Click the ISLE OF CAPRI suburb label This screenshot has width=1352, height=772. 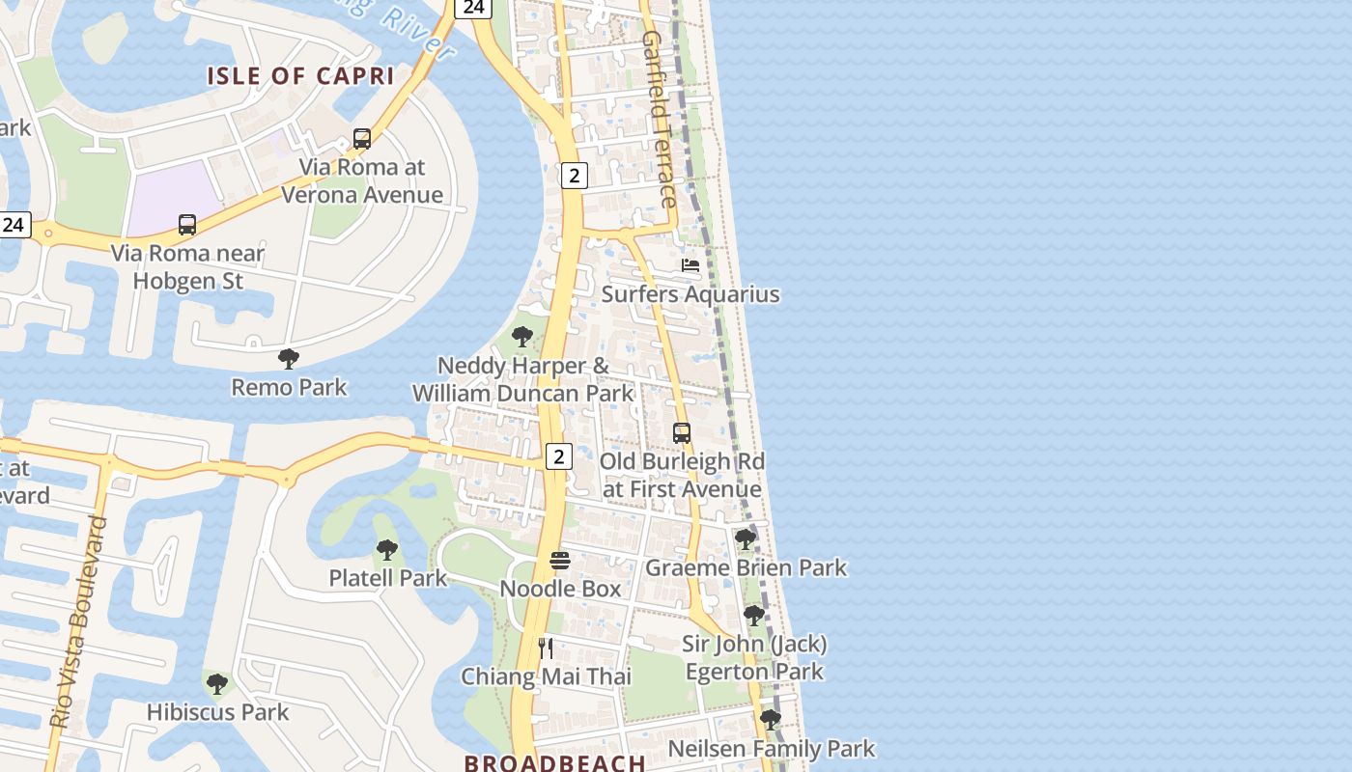click(x=300, y=76)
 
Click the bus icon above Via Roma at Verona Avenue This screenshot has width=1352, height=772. click(x=362, y=139)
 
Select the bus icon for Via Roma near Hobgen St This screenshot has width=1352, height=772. click(x=187, y=225)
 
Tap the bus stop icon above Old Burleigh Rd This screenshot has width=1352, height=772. click(x=682, y=433)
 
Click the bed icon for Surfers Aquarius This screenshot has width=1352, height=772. click(x=690, y=265)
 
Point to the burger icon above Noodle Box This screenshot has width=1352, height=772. click(x=560, y=561)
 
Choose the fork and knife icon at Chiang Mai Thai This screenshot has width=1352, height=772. click(x=546, y=648)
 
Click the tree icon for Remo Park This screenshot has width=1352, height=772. click(x=288, y=359)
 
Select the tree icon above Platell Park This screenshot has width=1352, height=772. click(x=387, y=550)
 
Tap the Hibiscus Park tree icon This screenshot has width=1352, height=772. click(x=217, y=684)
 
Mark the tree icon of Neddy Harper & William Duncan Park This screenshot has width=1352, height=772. click(x=522, y=337)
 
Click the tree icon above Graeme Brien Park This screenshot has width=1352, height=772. click(x=745, y=538)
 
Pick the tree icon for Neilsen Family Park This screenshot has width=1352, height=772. click(x=770, y=720)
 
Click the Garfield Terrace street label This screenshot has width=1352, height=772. click(x=660, y=120)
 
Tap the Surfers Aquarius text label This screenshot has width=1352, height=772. click(x=690, y=293)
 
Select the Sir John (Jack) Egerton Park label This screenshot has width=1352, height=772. click(x=754, y=657)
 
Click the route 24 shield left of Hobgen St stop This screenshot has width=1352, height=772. click(x=14, y=225)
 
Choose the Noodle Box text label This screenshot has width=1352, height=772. click(x=560, y=588)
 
